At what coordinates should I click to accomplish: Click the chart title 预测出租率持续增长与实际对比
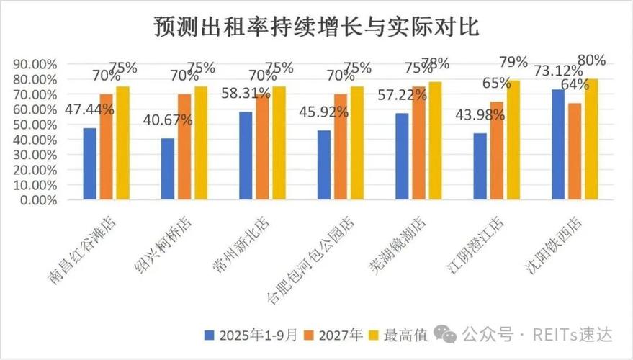316,27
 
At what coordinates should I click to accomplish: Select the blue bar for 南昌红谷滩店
89,163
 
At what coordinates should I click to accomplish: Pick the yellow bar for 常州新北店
278,143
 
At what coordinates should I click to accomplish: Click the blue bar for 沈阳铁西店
557,144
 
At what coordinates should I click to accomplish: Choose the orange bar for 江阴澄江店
497,150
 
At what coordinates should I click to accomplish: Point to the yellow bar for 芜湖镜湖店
434,140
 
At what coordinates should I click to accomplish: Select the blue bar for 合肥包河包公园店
323,165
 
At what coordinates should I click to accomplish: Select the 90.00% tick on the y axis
35,64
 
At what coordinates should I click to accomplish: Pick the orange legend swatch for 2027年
309,335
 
